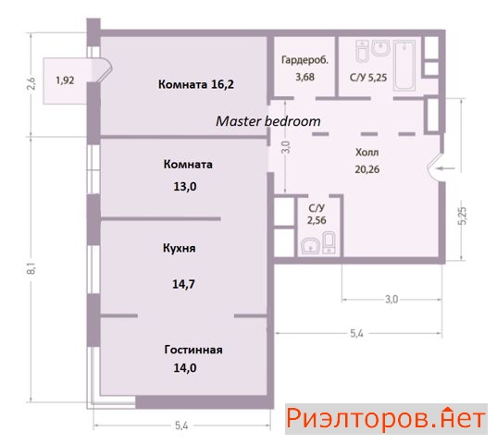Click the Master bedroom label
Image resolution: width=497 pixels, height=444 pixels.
[268, 121]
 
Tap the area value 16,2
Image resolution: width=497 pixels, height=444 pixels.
[222, 84]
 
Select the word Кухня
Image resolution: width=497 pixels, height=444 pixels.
[179, 248]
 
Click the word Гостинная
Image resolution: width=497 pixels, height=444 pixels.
[193, 350]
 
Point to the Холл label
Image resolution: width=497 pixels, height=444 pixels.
[367, 153]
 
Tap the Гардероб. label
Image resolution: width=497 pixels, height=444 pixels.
[304, 60]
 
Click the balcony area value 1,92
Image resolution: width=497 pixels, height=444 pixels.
[65, 80]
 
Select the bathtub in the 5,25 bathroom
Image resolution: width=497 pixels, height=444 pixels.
[404, 66]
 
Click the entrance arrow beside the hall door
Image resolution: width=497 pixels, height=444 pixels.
[446, 168]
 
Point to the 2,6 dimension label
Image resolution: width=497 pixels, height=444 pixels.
[31, 83]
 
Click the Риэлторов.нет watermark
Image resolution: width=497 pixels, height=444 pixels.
[386, 419]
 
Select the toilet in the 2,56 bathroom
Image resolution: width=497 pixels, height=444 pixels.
[329, 242]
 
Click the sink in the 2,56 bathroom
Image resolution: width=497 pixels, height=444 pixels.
[310, 246]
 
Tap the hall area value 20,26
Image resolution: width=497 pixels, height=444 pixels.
[367, 169]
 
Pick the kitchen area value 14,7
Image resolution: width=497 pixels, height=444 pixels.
[183, 284]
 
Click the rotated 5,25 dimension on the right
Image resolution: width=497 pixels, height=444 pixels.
[463, 216]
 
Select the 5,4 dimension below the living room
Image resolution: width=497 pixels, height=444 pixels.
[181, 425]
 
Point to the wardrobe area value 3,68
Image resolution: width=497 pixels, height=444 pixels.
[304, 77]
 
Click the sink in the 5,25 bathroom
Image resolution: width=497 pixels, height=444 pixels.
[380, 48]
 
